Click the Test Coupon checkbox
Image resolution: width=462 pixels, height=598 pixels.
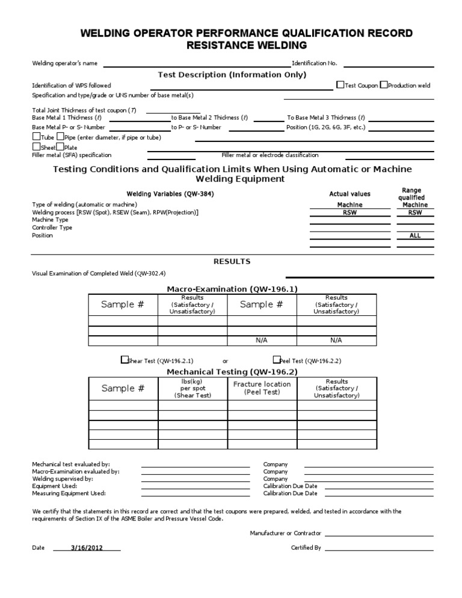coord(340,85)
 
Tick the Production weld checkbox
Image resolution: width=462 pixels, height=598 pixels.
coord(384,85)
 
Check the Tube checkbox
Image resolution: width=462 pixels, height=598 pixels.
coord(35,137)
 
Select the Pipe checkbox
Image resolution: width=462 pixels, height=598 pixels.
coord(60,137)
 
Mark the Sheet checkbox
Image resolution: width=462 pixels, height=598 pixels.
coord(35,147)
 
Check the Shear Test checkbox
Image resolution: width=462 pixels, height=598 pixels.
coord(125,360)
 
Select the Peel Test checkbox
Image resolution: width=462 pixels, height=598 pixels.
coord(276,360)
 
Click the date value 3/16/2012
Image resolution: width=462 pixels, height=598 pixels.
coord(87,548)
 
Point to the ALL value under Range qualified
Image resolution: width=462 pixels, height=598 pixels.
coord(415,236)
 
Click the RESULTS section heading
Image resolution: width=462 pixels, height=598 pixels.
coord(232,262)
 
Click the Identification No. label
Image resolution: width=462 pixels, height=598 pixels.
coord(315,63)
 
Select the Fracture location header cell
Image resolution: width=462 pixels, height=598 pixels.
coord(262,388)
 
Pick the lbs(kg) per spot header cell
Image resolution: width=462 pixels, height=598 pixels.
coord(192,388)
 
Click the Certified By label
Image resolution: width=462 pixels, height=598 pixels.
coord(306,548)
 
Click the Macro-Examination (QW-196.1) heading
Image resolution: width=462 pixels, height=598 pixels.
coord(232,289)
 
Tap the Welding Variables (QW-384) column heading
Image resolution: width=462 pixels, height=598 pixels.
coord(170,194)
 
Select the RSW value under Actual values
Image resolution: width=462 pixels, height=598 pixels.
coord(350,212)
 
